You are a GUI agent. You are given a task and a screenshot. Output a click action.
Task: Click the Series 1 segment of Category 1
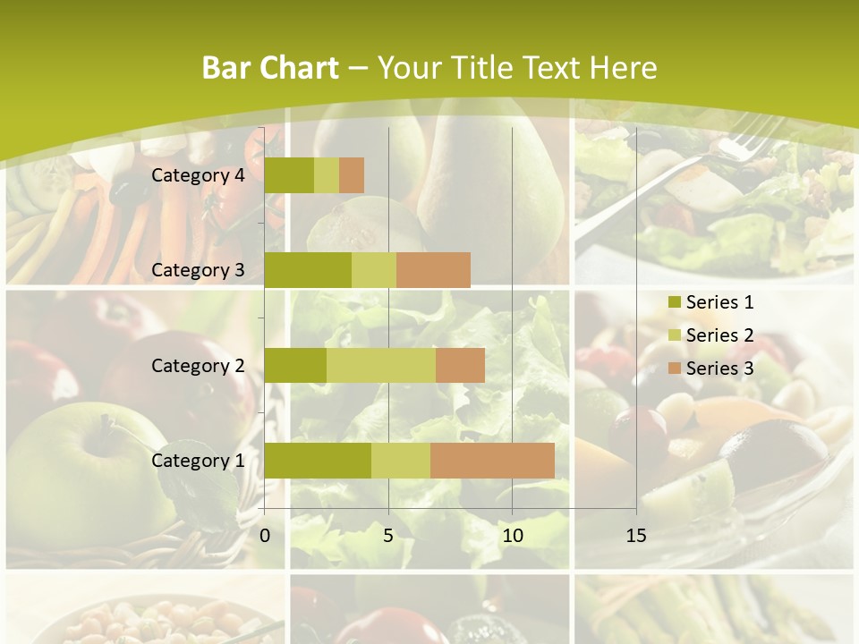point(318,461)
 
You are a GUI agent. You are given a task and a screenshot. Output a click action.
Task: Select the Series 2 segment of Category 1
point(401,461)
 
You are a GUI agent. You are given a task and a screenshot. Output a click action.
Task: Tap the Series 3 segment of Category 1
point(492,461)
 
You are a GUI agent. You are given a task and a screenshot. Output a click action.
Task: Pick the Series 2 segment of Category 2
point(381,365)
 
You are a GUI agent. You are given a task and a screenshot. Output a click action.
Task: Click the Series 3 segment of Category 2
point(460,365)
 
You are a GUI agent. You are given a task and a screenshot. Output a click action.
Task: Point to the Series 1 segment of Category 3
point(308,270)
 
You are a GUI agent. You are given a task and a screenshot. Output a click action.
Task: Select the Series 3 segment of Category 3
point(433,270)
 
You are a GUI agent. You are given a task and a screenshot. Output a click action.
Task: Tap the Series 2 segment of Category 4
point(327,175)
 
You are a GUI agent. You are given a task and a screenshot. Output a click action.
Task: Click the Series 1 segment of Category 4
point(289,175)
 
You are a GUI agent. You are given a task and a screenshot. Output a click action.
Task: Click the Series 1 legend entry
point(710,302)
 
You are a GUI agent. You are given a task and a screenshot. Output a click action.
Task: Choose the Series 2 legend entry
point(710,335)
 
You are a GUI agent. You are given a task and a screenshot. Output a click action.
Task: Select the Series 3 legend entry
point(710,369)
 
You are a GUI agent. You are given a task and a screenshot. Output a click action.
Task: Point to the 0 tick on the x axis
point(265,536)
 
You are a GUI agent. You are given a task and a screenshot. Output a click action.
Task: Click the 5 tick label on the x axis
point(388,536)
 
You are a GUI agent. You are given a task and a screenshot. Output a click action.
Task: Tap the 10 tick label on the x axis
point(512,536)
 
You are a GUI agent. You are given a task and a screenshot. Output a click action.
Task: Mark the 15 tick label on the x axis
point(636,536)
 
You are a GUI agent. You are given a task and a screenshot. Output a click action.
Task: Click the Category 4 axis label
point(198,175)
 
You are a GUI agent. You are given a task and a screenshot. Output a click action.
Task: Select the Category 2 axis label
point(198,365)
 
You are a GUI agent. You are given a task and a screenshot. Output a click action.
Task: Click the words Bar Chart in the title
point(270,68)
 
